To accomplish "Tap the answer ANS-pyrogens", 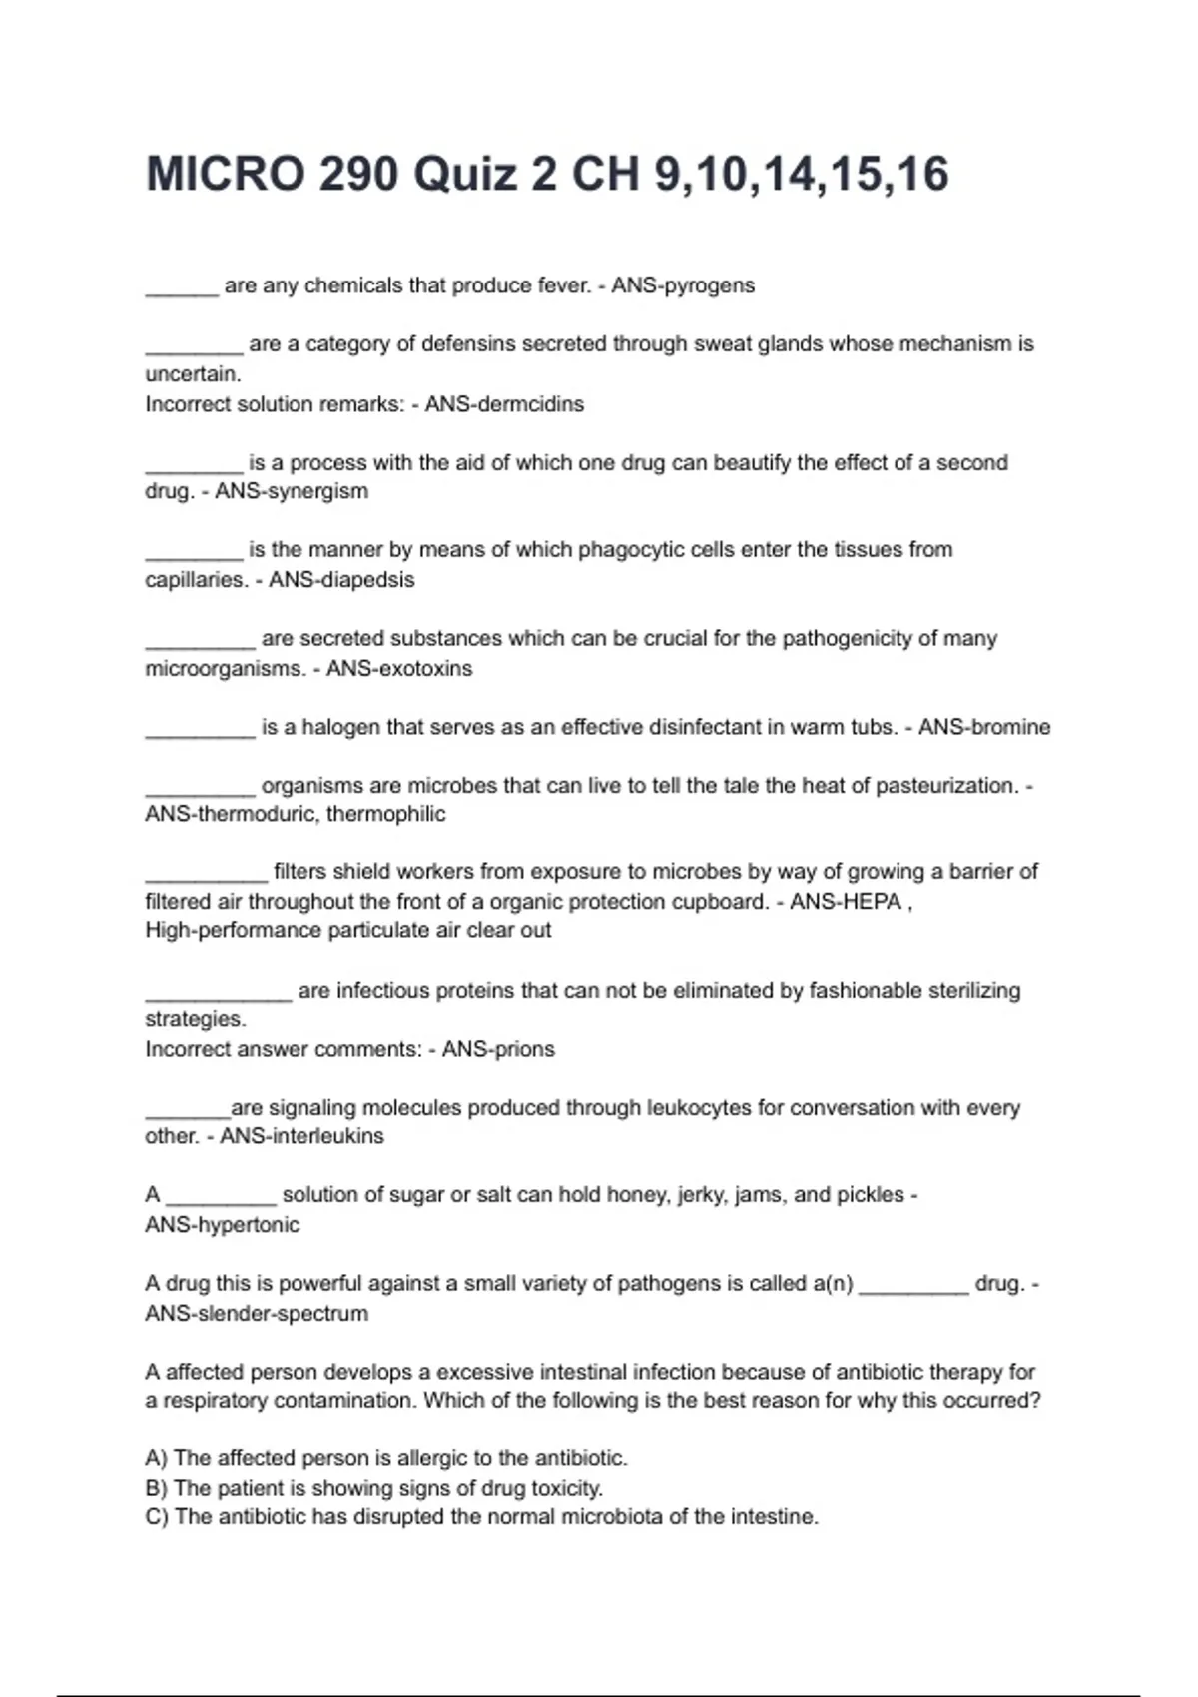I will pos(683,285).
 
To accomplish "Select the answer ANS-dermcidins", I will pos(504,404).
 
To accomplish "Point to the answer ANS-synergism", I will pos(292,491).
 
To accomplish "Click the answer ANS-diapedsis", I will pos(341,579).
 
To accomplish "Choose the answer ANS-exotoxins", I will pos(399,668).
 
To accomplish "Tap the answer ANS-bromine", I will pos(984,727).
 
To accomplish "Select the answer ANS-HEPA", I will pos(846,902).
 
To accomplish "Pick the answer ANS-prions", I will pos(498,1049).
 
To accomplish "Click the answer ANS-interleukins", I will pos(301,1136).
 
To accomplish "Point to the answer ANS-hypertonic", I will pos(222,1225).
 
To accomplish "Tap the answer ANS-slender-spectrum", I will pos(257,1313).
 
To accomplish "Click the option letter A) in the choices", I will pos(157,1458).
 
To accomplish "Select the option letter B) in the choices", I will pos(157,1488).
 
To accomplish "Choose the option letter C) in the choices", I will pos(157,1517).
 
